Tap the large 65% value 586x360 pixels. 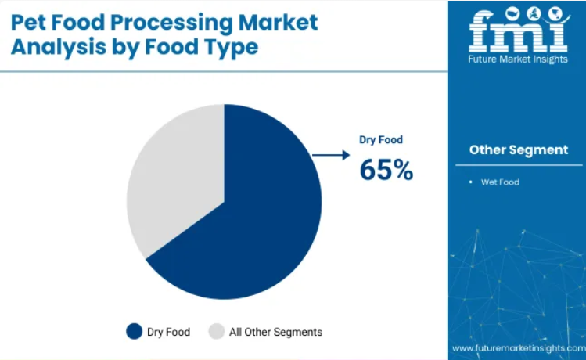point(386,170)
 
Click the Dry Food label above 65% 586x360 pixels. point(381,140)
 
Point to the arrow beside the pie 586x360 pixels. point(331,155)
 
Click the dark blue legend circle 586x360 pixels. point(134,332)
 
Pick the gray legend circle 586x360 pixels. point(217,332)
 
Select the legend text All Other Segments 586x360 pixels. point(276,332)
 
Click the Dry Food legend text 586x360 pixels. point(168,332)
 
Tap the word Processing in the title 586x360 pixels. point(171,23)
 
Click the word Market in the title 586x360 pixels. point(278,23)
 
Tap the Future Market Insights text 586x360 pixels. point(518,59)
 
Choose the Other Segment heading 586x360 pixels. point(519,150)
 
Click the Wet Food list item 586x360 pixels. point(500,182)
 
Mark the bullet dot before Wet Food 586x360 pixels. point(470,182)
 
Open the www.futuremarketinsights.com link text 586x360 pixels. point(519,348)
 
